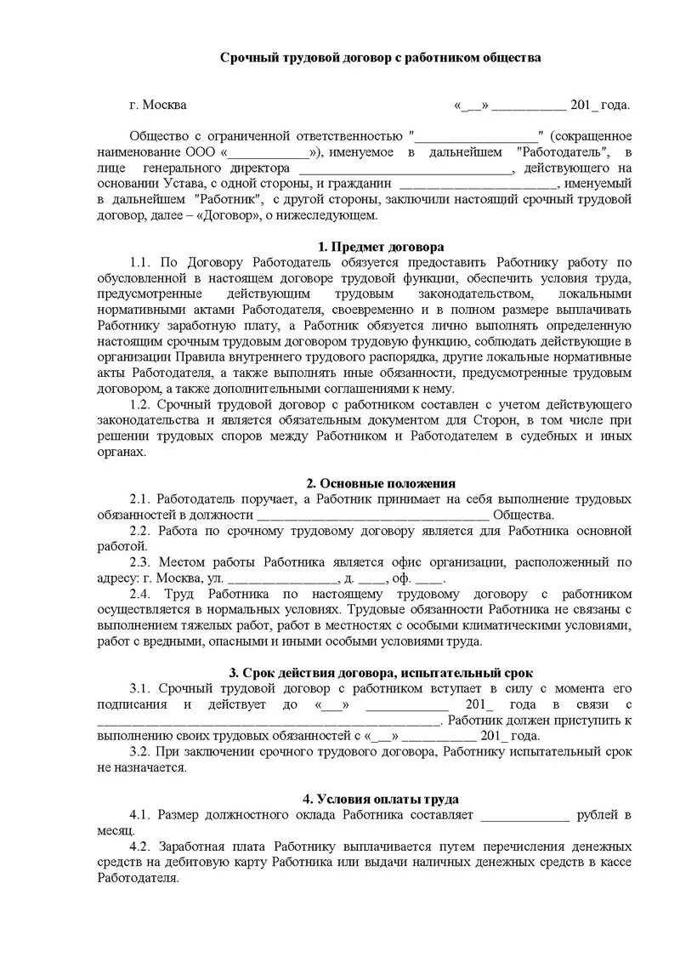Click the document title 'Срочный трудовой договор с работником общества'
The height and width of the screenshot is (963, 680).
tap(381, 58)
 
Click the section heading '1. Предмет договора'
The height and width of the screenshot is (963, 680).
tap(381, 247)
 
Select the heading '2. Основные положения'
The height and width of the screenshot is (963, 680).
tap(381, 483)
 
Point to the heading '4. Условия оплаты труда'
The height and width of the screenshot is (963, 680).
tap(381, 800)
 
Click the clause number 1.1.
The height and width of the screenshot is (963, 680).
tap(140, 263)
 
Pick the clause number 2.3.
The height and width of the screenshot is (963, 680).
tap(140, 562)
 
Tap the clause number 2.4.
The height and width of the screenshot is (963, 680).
tap(140, 593)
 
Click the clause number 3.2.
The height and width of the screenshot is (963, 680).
tap(140, 752)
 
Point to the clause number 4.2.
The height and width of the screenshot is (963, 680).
tap(140, 847)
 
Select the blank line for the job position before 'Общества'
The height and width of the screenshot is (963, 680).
tap(372, 516)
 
